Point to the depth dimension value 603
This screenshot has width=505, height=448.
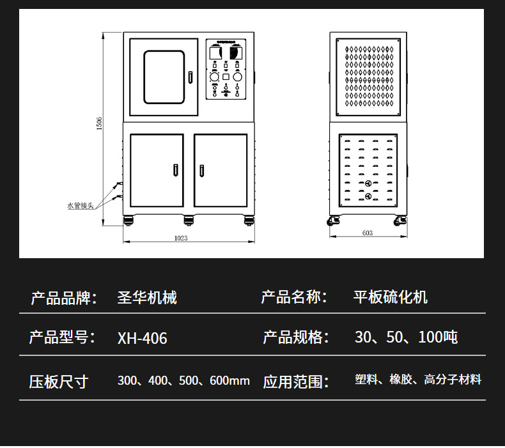367,233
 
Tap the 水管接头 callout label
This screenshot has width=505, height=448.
81,206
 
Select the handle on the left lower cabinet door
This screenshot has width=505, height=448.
175,170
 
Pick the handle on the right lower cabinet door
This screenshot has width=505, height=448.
202,170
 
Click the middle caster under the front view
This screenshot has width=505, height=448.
189,220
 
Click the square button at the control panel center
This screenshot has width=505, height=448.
226,77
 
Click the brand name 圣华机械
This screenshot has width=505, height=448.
147,297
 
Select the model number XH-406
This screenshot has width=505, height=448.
142,338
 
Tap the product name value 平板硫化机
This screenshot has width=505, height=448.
391,297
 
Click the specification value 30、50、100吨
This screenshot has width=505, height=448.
406,337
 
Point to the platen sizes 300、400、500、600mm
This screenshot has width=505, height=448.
183,381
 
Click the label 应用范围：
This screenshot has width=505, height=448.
295,382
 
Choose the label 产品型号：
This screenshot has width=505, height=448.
62,337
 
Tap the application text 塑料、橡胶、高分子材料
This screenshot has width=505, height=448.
418,380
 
